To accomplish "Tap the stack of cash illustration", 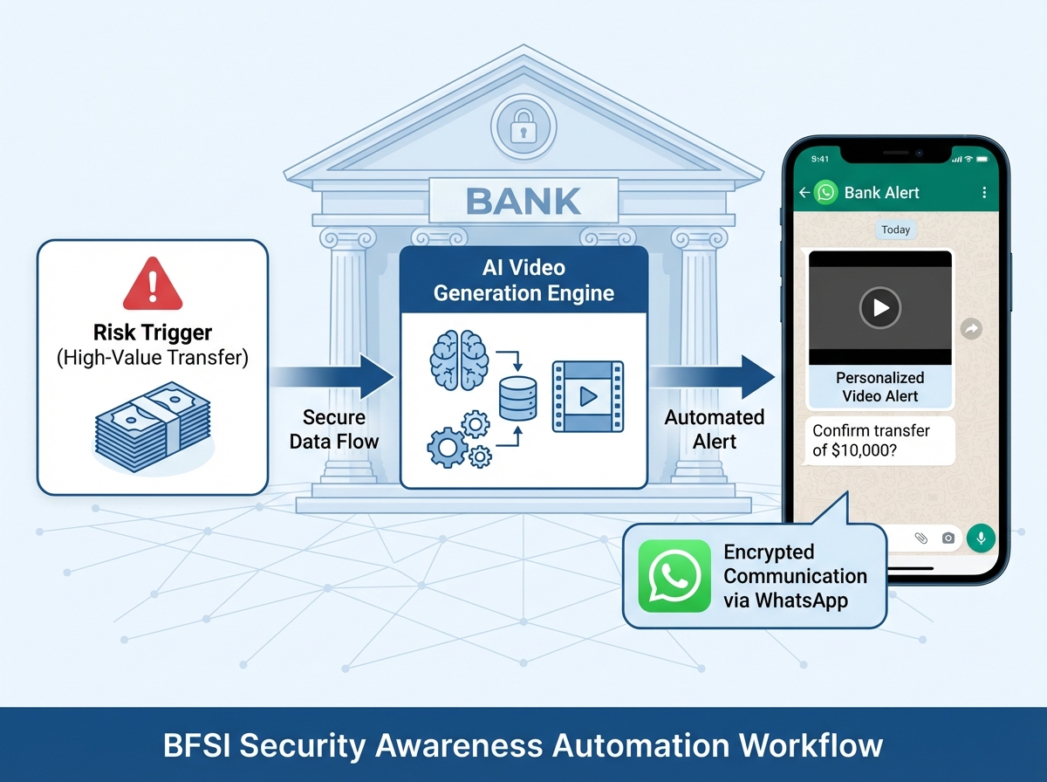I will coord(153,429).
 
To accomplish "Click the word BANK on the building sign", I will coord(523,202).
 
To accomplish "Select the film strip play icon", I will coord(587,396).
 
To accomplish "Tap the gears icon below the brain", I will coord(458,442).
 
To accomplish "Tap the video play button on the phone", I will coord(880,307).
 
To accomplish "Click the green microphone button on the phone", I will coord(981,538).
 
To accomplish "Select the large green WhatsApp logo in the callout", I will coord(674,575).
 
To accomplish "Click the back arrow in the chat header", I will coord(804,193).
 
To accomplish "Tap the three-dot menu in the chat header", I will coord(984,193).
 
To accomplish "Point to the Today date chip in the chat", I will coord(895,230).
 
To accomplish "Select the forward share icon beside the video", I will coord(971,329).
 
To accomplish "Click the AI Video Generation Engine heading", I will coord(523,279).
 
